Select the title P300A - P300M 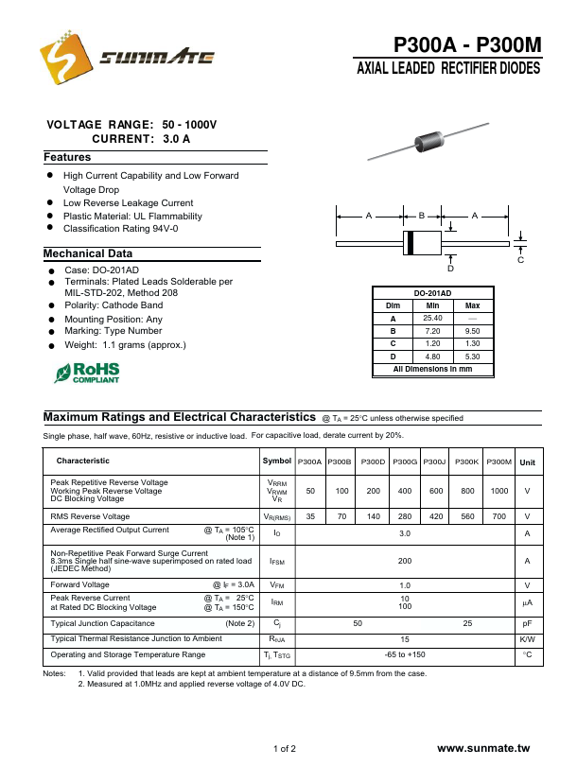(467, 45)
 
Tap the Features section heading (67, 157)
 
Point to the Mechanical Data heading (88, 253)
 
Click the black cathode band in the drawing (410, 243)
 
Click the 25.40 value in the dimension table (432, 318)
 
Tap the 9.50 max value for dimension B (473, 331)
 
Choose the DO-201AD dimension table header (432, 293)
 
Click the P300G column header (406, 461)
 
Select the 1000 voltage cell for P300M (499, 491)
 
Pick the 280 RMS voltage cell (406, 516)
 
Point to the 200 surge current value (406, 561)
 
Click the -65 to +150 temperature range (406, 654)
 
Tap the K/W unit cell (527, 639)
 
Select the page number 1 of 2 (285, 749)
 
